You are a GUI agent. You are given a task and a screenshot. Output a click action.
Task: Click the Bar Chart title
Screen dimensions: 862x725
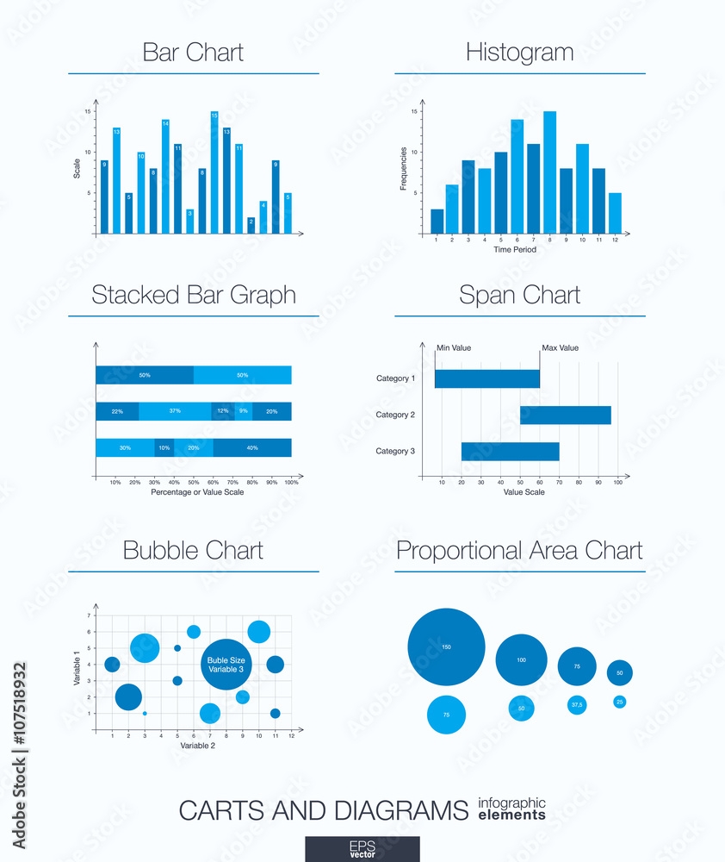193,53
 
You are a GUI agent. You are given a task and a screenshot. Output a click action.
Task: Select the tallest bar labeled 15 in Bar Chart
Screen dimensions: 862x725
214,172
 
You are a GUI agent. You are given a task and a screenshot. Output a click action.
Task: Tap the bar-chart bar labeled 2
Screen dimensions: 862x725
251,226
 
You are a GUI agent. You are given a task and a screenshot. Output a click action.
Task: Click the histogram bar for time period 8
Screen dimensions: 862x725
549,172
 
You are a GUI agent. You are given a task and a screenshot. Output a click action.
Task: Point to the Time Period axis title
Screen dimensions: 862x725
515,250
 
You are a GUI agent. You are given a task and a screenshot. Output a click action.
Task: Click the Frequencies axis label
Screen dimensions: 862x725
404,169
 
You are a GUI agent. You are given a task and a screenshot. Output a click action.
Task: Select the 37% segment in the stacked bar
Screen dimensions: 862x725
175,411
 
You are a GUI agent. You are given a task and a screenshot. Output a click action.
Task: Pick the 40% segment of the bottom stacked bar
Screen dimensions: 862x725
252,448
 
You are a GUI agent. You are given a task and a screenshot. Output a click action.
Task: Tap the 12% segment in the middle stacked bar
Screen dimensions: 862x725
222,411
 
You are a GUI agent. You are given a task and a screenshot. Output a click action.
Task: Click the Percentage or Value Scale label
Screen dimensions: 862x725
197,492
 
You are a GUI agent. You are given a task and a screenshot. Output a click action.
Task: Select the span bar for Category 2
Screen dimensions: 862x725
565,415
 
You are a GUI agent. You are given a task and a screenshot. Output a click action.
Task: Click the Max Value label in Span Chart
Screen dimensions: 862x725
561,348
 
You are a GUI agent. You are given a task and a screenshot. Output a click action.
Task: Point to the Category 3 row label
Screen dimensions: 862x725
395,452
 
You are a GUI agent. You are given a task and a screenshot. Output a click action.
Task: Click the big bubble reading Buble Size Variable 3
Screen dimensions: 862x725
226,665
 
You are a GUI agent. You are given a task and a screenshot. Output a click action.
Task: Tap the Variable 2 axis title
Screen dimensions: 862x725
199,746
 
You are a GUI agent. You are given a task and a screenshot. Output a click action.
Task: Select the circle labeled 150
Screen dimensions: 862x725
446,647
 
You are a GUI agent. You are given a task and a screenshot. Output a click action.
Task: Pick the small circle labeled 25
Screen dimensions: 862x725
619,702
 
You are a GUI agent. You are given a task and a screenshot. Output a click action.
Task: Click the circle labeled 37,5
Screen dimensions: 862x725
577,705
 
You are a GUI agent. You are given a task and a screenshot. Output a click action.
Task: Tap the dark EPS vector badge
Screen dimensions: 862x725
362,848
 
